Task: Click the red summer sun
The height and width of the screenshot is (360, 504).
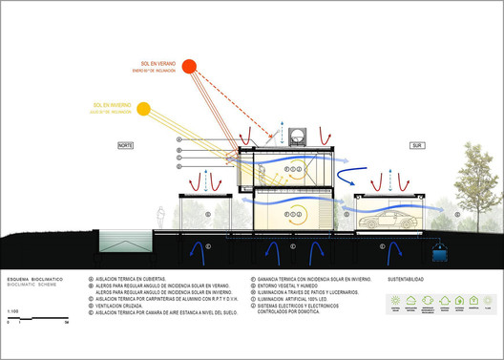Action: click(x=189, y=67)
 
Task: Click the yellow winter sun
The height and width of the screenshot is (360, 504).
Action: click(x=144, y=108)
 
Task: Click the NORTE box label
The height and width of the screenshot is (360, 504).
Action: click(x=124, y=145)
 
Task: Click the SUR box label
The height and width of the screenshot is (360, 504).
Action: click(x=415, y=145)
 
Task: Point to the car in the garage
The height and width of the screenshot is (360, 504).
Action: click(x=389, y=224)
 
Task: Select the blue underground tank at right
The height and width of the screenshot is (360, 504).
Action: click(x=438, y=252)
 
